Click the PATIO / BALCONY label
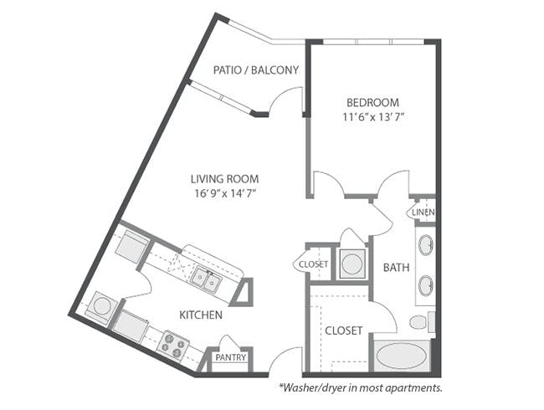(x=256, y=70)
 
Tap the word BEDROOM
(x=373, y=103)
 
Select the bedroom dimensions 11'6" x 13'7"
(x=373, y=117)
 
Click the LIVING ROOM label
(x=225, y=179)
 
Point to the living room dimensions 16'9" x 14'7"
(x=225, y=193)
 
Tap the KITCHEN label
(x=201, y=315)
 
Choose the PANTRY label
(x=231, y=357)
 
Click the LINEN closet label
(x=423, y=212)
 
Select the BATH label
(x=396, y=268)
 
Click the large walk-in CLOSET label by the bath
(x=344, y=331)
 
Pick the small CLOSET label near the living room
(x=313, y=264)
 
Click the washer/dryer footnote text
(x=361, y=387)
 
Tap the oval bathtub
(x=401, y=356)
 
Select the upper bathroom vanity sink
(x=426, y=244)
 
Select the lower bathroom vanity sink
(x=426, y=286)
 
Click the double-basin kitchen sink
(x=205, y=279)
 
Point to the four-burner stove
(x=172, y=345)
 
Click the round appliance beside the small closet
(x=352, y=264)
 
